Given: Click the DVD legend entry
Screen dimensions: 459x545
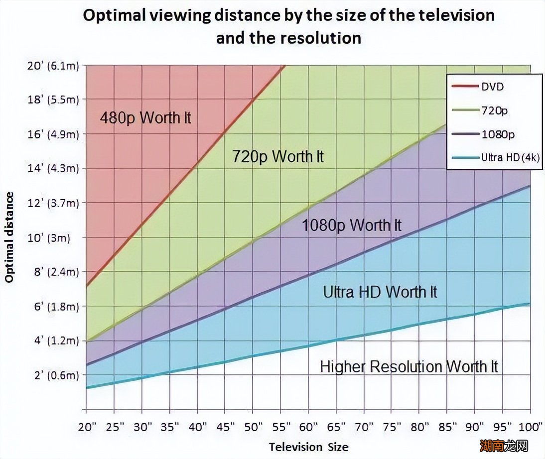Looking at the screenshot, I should coord(492,86).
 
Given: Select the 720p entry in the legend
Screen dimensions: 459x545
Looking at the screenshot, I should coord(494,110).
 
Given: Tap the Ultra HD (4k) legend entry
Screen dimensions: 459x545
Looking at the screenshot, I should coord(510,157).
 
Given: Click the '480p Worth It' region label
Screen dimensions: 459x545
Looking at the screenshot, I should coord(145,118).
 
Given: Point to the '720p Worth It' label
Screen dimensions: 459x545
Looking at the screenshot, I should coord(278,157).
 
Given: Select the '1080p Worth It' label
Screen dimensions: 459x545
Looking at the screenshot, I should coord(351,226).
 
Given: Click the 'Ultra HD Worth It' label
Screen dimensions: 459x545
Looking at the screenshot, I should coord(380,292).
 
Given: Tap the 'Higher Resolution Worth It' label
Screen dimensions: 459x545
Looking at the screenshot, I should coord(409,367).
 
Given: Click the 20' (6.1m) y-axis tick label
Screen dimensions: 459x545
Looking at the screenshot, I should coord(52,65).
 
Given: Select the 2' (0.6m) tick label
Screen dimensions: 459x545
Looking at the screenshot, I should coord(52,375).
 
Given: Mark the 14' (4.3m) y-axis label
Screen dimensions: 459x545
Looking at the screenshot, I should coord(52,169).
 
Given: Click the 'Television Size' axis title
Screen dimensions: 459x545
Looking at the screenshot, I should coord(308,447).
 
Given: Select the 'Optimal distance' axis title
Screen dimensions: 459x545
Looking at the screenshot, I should coord(9,236).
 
